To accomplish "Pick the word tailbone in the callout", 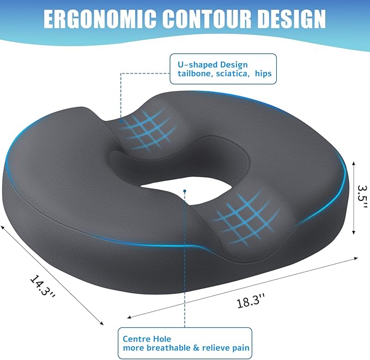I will (195, 74).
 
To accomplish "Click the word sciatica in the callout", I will (235, 74).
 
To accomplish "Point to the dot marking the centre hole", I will (185, 191).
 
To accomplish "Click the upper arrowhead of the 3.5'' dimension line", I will (355, 162).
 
